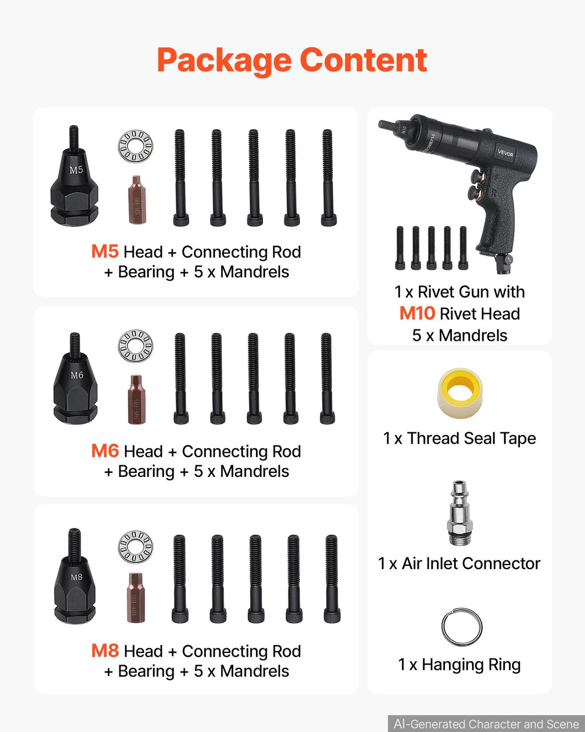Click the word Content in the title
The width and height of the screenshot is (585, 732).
363,59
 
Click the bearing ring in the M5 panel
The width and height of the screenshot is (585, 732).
135,146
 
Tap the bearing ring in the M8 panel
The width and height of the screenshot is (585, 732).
135,547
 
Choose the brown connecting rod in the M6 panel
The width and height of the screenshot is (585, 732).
137,400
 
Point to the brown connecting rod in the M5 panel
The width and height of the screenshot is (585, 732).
137,200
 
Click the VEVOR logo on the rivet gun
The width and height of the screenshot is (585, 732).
506,153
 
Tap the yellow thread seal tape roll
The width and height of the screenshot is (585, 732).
459,393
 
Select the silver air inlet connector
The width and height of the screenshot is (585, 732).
459,514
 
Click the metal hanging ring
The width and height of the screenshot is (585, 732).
462,627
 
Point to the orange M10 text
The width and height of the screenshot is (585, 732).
417,313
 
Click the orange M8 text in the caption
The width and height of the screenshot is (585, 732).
105,651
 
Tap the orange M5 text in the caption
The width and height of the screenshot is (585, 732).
105,252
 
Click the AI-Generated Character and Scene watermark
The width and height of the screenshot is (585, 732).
486,724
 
